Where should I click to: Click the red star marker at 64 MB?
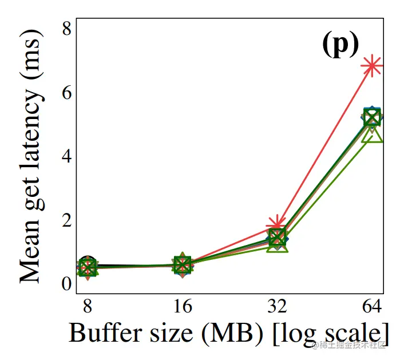point(373,66)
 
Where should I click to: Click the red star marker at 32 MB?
point(278,224)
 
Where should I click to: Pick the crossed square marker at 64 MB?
point(373,117)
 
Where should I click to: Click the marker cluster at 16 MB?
point(183,265)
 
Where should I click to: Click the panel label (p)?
point(339,44)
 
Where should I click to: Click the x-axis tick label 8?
point(88,308)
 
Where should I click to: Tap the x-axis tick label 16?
point(183,308)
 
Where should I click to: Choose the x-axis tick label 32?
point(278,308)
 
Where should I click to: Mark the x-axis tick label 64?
point(373,308)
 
